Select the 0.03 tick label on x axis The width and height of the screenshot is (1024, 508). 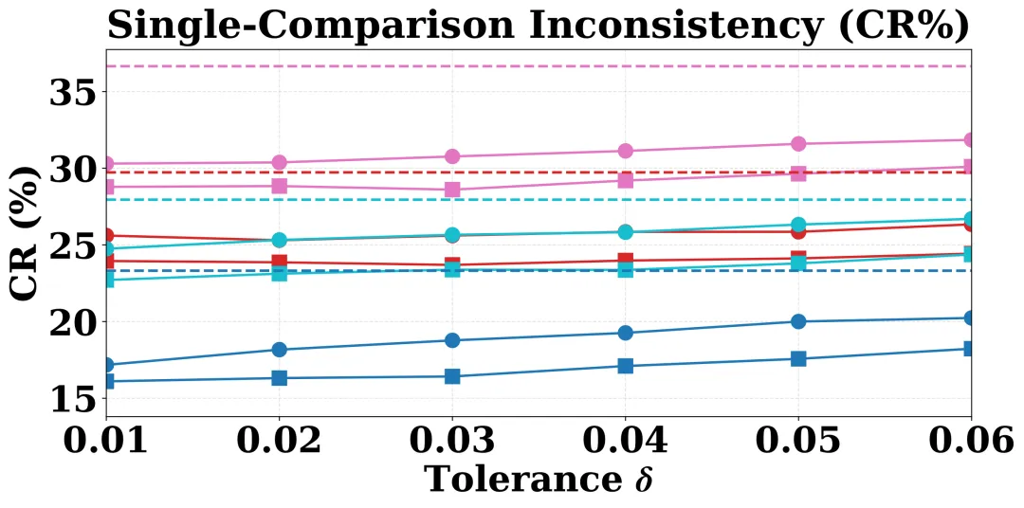tap(452, 441)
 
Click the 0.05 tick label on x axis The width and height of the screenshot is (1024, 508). tap(798, 441)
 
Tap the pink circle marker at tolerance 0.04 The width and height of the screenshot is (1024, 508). tap(626, 151)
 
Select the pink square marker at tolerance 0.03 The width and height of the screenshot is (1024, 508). tap(452, 190)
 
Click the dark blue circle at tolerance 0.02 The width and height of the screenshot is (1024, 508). tap(279, 350)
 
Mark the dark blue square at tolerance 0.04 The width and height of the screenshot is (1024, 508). tap(626, 366)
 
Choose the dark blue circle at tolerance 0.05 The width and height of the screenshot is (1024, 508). tap(798, 321)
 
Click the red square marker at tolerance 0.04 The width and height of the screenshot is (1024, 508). tap(626, 261)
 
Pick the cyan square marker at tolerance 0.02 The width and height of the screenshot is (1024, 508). tap(279, 273)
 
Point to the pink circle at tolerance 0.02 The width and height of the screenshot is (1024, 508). tap(279, 162)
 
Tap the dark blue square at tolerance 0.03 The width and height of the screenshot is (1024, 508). tap(452, 376)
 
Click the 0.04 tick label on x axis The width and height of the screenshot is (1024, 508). tap(626, 441)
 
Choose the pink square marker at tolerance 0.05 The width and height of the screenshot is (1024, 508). tap(798, 173)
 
